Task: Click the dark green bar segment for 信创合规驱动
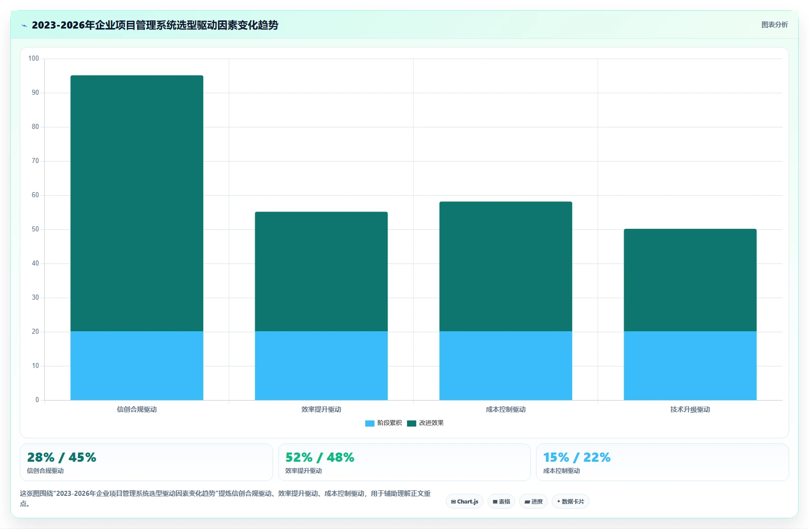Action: click(x=137, y=203)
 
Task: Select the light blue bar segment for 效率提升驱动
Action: click(x=321, y=366)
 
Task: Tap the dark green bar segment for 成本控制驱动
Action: click(x=505, y=267)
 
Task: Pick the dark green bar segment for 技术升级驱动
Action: click(x=690, y=280)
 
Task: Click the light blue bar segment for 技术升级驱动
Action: click(x=690, y=366)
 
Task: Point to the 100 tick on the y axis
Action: click(x=34, y=59)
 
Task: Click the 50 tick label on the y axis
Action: click(x=35, y=229)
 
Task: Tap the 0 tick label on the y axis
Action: click(x=37, y=400)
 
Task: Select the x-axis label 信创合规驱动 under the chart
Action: click(x=137, y=409)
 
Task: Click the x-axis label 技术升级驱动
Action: click(x=690, y=409)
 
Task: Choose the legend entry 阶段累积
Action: click(x=384, y=423)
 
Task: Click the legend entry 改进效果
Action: click(x=425, y=423)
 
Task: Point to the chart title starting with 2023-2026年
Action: click(x=155, y=25)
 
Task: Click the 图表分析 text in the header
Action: click(x=775, y=25)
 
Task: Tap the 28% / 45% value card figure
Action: click(x=62, y=458)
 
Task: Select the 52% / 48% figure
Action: click(x=320, y=458)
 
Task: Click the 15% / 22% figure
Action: click(x=577, y=458)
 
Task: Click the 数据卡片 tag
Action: click(x=571, y=501)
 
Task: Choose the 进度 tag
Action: click(x=533, y=501)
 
